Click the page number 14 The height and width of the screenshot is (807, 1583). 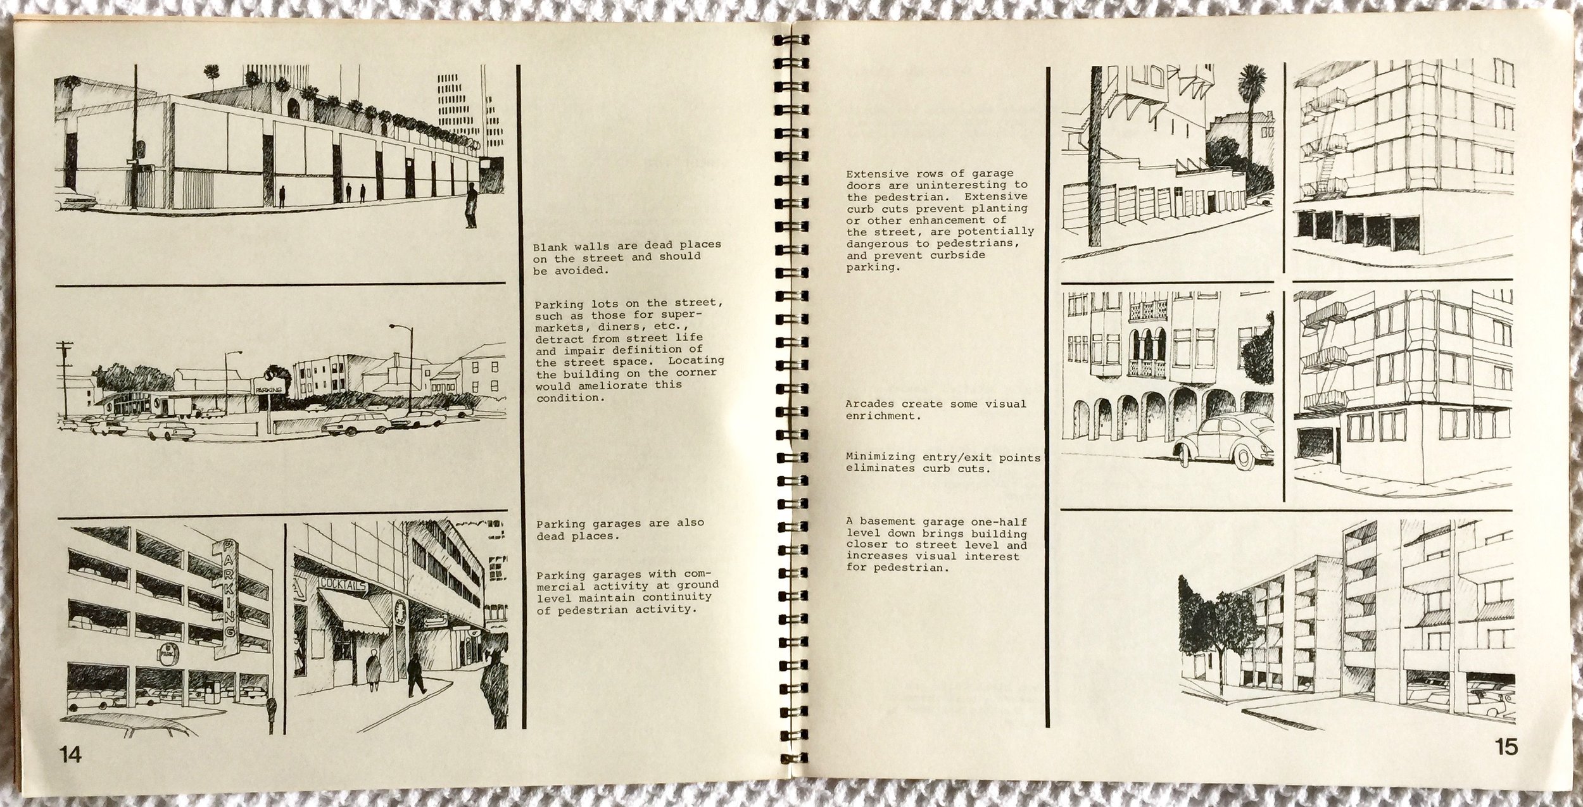click(x=70, y=754)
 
